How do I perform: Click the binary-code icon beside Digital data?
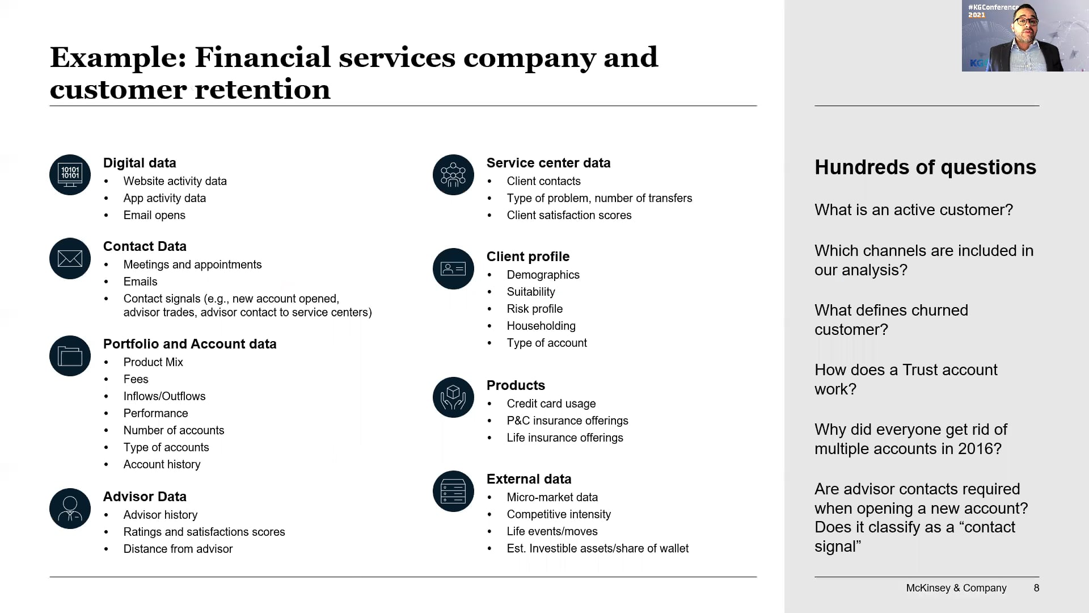click(70, 175)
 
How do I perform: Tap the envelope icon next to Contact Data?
click(70, 258)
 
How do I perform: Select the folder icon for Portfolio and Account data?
click(70, 356)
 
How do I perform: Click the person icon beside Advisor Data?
click(70, 509)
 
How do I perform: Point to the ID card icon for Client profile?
click(453, 268)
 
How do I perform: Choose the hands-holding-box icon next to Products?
click(453, 397)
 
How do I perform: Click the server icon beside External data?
click(453, 491)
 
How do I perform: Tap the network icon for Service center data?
click(453, 175)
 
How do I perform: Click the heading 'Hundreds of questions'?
click(925, 167)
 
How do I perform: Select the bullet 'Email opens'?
click(154, 215)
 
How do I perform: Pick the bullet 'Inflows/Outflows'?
click(164, 396)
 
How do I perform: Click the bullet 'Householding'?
click(541, 326)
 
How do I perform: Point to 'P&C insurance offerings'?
click(567, 421)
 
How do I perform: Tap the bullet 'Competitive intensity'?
click(559, 514)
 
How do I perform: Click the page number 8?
click(1036, 588)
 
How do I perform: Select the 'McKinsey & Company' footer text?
click(956, 588)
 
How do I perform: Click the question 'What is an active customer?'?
click(913, 210)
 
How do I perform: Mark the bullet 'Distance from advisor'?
click(178, 549)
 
